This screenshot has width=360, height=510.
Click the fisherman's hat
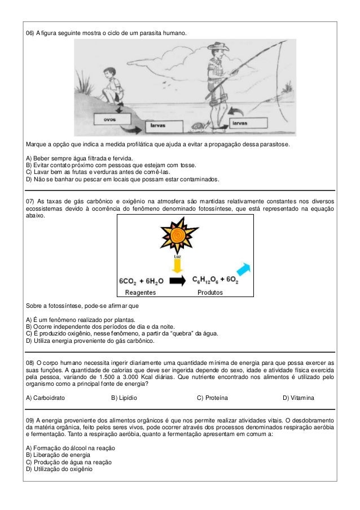[x=215, y=50]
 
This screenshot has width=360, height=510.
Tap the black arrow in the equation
[x=177, y=280]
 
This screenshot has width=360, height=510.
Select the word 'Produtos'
[x=209, y=292]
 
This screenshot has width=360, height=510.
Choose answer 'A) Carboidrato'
[x=46, y=398]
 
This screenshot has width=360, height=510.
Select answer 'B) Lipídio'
[x=124, y=398]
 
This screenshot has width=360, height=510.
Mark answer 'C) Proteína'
[x=212, y=398]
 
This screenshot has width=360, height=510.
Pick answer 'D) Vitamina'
[x=298, y=398]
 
